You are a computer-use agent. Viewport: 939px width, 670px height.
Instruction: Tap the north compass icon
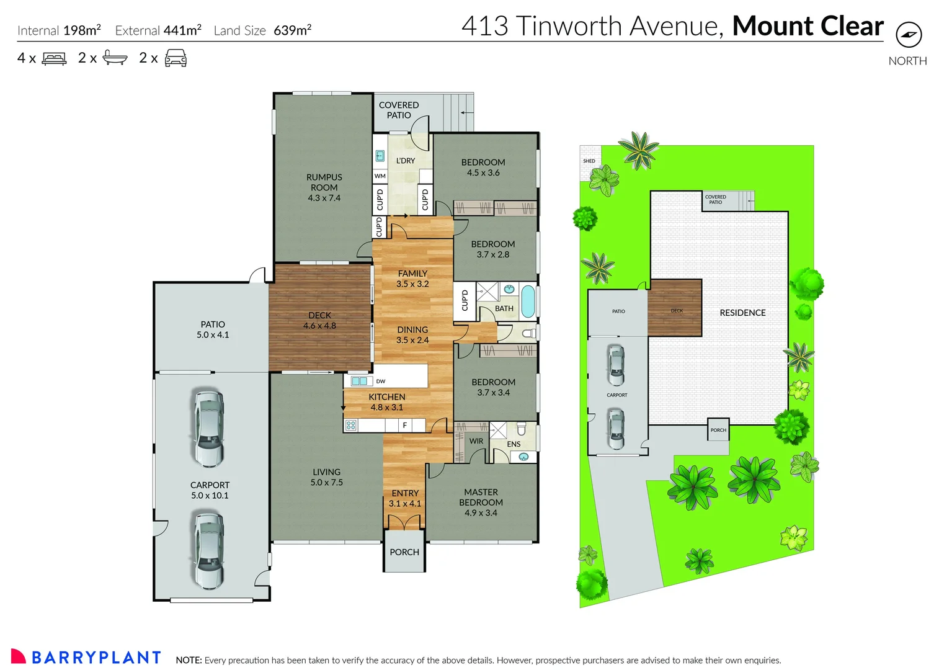point(909,35)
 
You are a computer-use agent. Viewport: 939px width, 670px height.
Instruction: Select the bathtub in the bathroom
point(527,301)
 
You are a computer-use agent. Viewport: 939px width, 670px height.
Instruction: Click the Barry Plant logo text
point(96,658)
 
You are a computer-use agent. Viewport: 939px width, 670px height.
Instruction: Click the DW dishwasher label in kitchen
point(381,381)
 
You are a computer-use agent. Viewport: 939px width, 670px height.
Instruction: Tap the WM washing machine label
point(380,176)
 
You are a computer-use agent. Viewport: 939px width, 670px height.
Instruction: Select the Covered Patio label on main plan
point(399,110)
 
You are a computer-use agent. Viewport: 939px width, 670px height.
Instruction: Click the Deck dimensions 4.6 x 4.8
point(319,326)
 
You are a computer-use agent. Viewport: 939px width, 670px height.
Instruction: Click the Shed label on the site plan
point(589,161)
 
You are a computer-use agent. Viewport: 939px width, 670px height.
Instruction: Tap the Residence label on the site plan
point(742,313)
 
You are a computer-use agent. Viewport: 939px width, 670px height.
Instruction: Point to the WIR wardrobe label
point(476,441)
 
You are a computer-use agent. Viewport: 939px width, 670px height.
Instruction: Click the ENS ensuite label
point(514,444)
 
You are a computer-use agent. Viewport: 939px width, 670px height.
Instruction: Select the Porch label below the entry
point(404,552)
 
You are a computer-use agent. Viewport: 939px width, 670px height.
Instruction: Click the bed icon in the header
point(54,59)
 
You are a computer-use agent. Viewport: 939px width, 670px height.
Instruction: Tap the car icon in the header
point(176,58)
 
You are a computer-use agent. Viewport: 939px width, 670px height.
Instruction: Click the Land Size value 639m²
point(292,30)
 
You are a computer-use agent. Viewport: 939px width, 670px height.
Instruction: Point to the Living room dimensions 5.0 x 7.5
point(326,482)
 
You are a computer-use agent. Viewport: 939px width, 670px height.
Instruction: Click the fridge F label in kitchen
point(404,425)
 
